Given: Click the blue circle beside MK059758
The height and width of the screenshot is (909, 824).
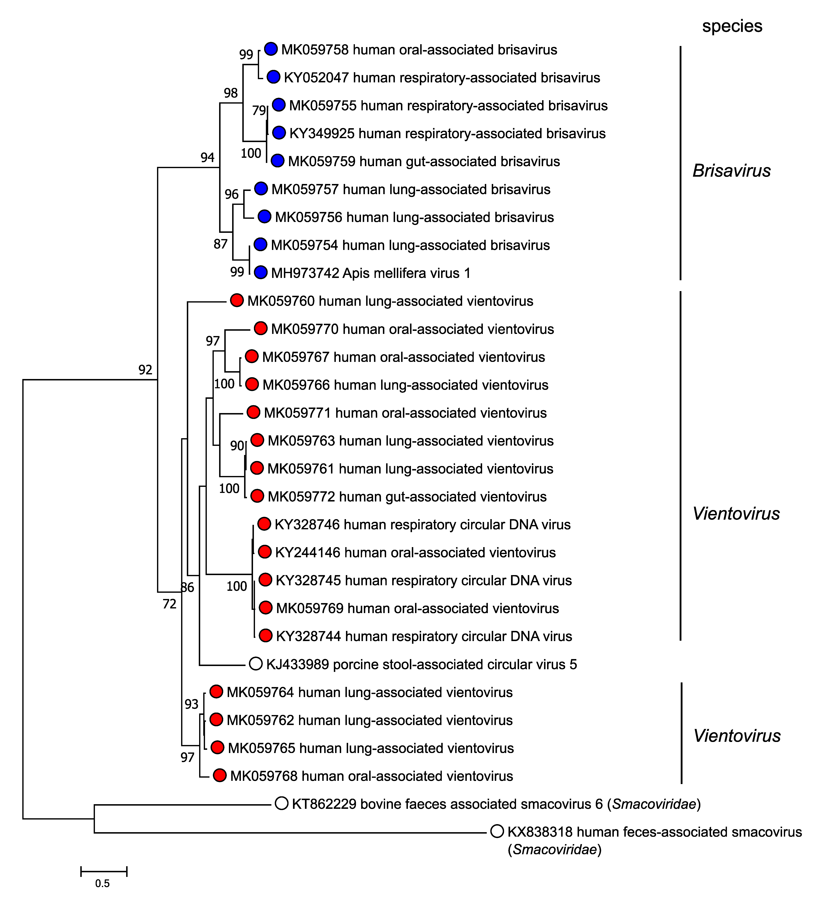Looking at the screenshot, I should coord(270,49).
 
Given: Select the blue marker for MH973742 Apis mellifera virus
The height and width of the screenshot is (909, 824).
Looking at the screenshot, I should coord(260,272).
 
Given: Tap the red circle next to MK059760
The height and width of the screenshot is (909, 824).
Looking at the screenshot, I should coord(237,300).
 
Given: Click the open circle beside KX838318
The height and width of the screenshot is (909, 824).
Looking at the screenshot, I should coord(497,831).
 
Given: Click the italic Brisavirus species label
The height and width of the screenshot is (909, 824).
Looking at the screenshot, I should coord(732,170).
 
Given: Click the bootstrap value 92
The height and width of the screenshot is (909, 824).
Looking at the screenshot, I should coord(145,370).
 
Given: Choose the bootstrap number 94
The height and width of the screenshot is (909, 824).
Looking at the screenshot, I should coord(208,157).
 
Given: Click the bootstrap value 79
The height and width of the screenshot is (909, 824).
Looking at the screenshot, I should coord(259,110).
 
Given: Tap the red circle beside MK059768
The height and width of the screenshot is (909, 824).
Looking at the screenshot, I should coord(220,775).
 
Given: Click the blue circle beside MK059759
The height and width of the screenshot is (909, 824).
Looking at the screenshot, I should coord(277,160).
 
